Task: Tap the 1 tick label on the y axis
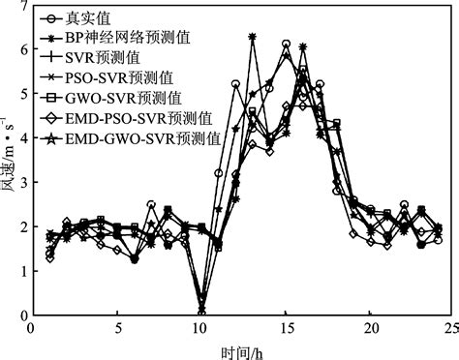pyautogui.click(x=21, y=271)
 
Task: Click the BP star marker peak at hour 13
pyautogui.click(x=252, y=37)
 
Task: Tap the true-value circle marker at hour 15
pyautogui.click(x=286, y=45)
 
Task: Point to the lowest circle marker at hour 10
pyautogui.click(x=201, y=312)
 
